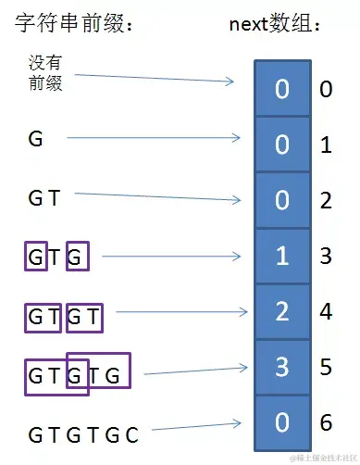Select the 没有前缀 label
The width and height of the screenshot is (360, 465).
(x=45, y=72)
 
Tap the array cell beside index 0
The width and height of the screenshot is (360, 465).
(x=282, y=89)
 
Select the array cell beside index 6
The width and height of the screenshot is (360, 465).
(x=282, y=423)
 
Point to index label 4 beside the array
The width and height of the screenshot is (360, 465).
(x=326, y=311)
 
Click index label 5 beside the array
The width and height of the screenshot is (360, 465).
(x=326, y=367)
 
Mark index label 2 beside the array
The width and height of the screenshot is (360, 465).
(x=326, y=200)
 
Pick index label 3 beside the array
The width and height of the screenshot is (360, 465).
(x=326, y=256)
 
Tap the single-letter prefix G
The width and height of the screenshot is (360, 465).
(x=36, y=140)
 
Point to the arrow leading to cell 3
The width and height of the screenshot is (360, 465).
(x=194, y=371)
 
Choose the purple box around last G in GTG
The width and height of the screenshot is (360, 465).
(x=79, y=256)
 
